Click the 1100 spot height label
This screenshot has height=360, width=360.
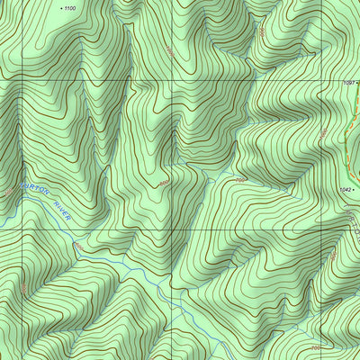[x=71, y=7]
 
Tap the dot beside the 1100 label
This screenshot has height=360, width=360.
[x=60, y=7]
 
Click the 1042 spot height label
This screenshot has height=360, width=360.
[x=346, y=190]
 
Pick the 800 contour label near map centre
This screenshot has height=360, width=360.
[x=165, y=184]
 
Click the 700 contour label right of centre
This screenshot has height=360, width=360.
[x=240, y=181]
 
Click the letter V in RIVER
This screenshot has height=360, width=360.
[x=61, y=216]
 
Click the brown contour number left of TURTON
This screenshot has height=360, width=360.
[x=8, y=192]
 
